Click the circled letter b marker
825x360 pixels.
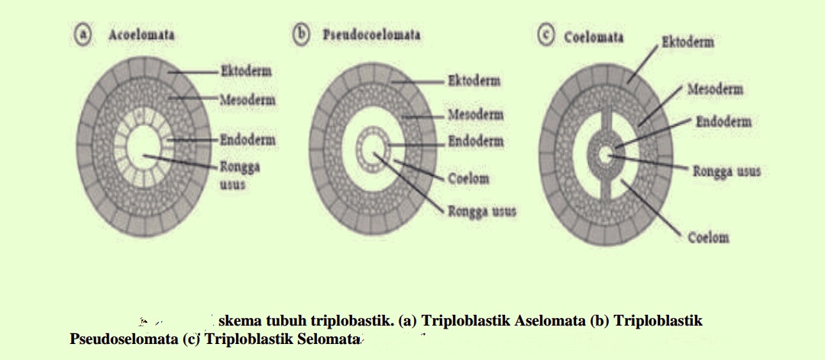302,35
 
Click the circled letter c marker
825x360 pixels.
545,37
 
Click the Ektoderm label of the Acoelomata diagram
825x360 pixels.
246,71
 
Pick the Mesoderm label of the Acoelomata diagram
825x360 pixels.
247,100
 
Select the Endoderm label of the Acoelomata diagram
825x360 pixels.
247,140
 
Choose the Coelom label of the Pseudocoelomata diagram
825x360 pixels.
467,180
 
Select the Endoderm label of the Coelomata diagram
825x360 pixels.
723,122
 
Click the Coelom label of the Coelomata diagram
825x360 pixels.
707,238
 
